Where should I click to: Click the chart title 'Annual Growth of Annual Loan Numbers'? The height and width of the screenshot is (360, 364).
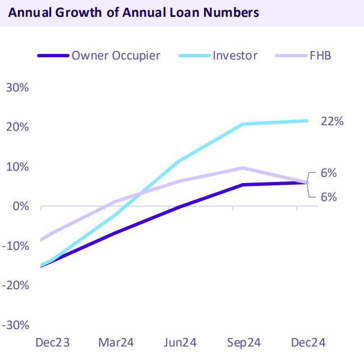[133, 12]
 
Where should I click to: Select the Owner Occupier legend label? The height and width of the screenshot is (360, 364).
[116, 55]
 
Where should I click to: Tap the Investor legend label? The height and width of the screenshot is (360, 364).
[235, 55]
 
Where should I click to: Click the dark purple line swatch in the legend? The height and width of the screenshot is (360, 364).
[53, 56]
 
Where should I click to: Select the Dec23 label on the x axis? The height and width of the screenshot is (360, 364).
[52, 343]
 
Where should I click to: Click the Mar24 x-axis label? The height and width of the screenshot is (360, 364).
[116, 343]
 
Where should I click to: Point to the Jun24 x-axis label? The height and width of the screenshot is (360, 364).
[179, 343]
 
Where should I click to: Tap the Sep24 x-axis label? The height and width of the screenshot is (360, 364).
[243, 343]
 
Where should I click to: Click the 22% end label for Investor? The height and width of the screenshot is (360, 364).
[331, 121]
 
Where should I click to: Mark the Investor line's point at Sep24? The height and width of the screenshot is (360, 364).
[243, 124]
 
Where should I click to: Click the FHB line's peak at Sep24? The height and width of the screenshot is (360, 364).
[243, 168]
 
